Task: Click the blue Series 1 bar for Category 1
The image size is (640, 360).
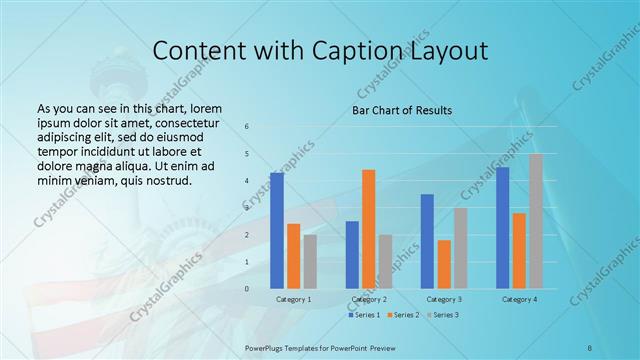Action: (277, 231)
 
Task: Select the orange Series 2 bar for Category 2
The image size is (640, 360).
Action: (369, 229)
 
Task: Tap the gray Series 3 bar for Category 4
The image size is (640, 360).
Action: (536, 221)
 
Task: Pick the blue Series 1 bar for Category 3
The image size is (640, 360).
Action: (427, 241)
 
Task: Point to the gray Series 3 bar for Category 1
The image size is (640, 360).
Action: (310, 262)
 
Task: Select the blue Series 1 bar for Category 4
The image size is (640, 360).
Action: (502, 228)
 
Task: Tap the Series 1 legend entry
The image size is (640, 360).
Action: (366, 315)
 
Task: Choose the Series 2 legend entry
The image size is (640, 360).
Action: (404, 315)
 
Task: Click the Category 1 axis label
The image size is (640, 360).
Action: (293, 299)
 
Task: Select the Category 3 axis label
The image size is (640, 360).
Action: (444, 299)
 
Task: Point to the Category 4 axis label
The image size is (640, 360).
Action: (519, 299)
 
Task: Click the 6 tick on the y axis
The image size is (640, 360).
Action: (247, 127)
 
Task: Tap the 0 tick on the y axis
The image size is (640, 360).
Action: (247, 289)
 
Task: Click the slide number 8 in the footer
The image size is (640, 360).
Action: (590, 345)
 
